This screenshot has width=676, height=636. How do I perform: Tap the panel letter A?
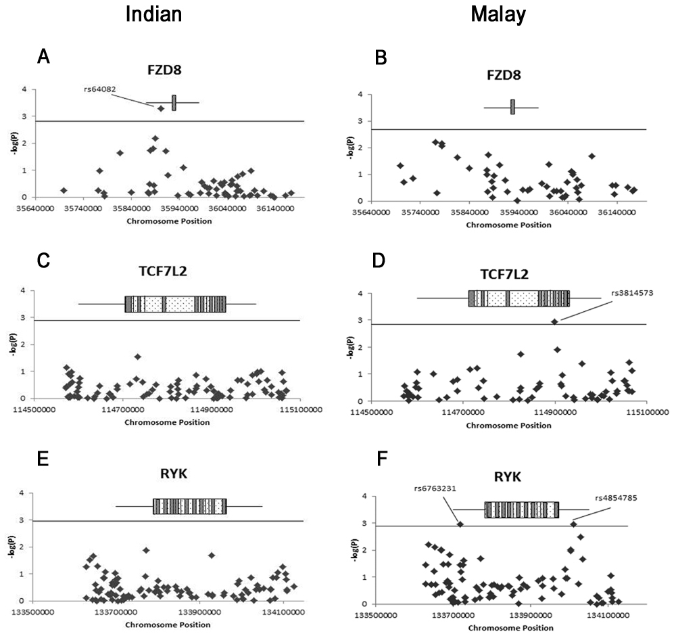[x=43, y=58]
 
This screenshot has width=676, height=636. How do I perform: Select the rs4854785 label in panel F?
[x=616, y=499]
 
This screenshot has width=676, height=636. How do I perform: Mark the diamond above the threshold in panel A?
[x=161, y=108]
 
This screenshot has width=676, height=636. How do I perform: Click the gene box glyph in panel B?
[x=512, y=107]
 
